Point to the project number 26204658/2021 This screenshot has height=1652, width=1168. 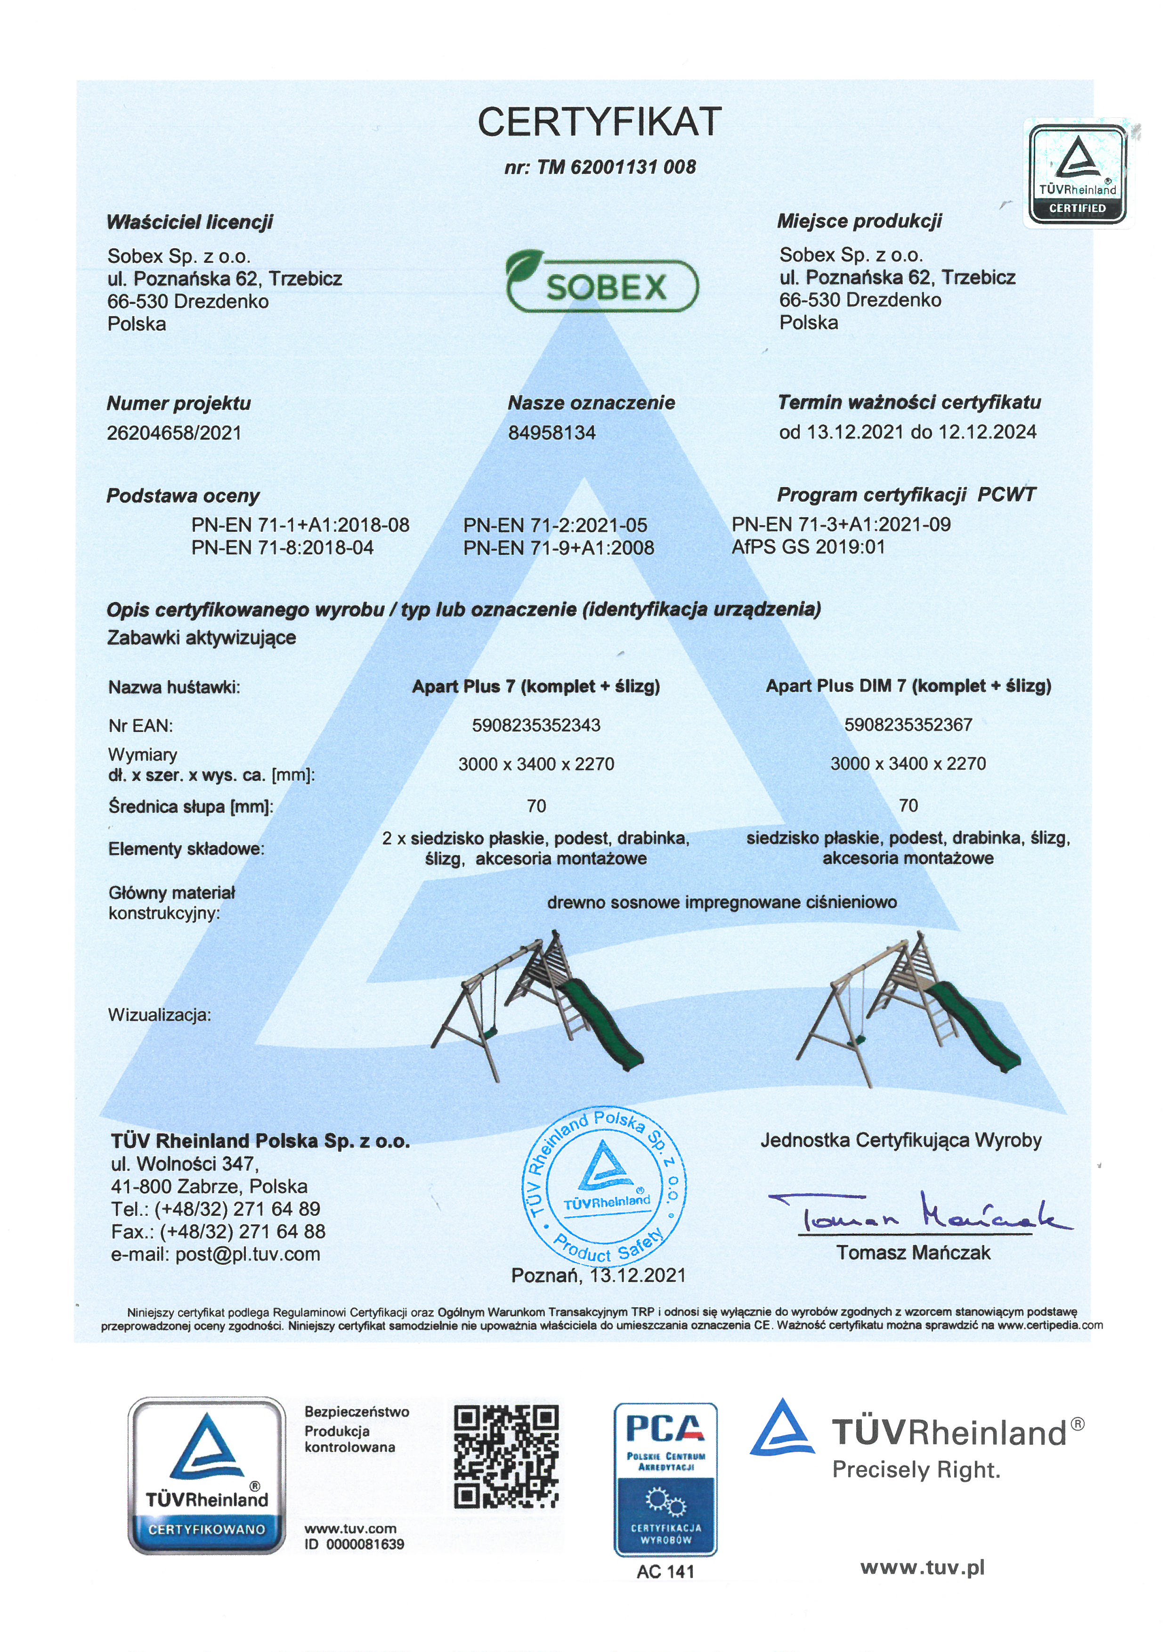click(x=174, y=433)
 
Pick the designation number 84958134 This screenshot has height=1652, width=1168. click(x=552, y=433)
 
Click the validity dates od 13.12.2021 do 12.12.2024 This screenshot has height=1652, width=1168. click(x=908, y=432)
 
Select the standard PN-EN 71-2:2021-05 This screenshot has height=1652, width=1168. click(x=554, y=525)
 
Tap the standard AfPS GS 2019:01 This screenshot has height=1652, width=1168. click(x=808, y=547)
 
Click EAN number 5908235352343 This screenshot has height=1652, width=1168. click(x=536, y=725)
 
